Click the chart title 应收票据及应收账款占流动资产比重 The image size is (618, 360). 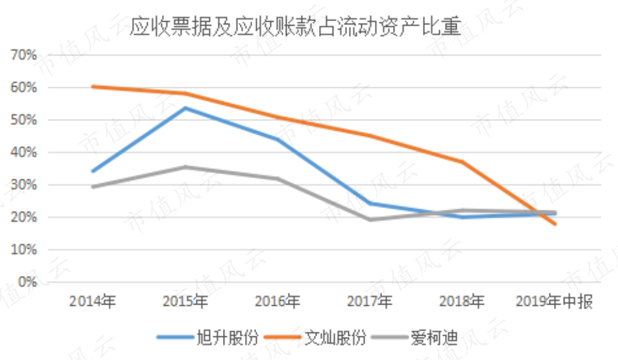tap(295, 27)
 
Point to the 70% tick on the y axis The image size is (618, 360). tap(24, 55)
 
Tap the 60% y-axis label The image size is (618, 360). tap(24, 87)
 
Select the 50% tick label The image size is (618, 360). tap(24, 120)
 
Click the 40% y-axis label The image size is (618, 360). tap(24, 153)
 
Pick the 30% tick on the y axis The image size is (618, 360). tap(24, 185)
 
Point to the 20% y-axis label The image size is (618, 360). tap(24, 217)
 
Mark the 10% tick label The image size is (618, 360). tap(24, 250)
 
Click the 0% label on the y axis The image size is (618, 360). tap(27, 282)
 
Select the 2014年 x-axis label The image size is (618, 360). tap(93, 301)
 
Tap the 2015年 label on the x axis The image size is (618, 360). tap(185, 301)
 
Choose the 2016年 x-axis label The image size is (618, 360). tap(277, 301)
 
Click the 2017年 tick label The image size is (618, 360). tap(369, 301)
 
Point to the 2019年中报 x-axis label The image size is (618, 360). tap(554, 301)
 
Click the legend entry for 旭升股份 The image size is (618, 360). tap(207, 338)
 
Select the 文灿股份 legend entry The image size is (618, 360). tap(315, 338)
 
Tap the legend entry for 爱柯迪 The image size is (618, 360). tap(415, 338)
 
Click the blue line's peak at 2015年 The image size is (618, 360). tap(185, 108)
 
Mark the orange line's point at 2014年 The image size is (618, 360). tap(93, 87)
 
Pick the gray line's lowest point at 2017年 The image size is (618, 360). tap(369, 219)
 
